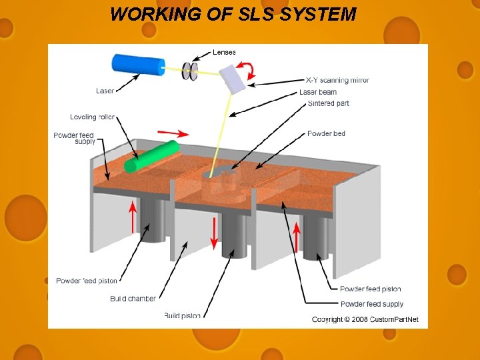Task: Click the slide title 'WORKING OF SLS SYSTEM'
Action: click(233, 14)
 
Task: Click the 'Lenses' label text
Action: click(224, 52)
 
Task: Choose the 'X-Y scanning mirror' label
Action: click(337, 81)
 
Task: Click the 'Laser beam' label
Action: click(318, 92)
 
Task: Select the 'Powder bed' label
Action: click(326, 134)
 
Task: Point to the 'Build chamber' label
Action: click(133, 299)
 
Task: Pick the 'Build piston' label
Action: click(181, 315)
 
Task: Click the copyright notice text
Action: click(365, 319)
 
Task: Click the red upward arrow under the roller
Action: click(133, 216)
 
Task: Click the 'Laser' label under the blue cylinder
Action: click(105, 91)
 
